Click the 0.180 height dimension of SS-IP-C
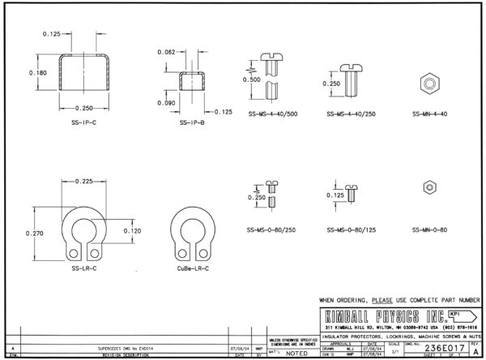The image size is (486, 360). click(x=37, y=73)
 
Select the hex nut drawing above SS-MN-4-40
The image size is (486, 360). click(x=428, y=83)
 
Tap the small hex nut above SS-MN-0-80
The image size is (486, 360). click(x=428, y=187)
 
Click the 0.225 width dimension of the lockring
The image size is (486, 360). click(x=83, y=182)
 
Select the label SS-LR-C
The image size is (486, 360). click(x=83, y=268)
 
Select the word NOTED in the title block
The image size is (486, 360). click(x=296, y=354)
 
